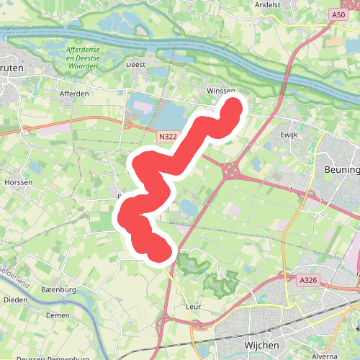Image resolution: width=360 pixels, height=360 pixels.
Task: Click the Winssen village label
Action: (220, 91)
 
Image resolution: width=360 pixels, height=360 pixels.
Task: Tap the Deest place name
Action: (136, 64)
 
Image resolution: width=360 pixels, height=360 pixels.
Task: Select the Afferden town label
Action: (74, 94)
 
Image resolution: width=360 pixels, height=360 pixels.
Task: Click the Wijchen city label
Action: (261, 346)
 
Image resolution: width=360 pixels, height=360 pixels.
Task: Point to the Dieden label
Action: (15, 300)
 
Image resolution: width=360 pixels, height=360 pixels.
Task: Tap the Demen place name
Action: (58, 315)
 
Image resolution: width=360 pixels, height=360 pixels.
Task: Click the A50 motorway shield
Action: (339, 14)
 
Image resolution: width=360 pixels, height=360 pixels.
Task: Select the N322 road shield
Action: (167, 135)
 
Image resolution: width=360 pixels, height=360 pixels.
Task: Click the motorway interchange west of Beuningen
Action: (233, 171)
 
